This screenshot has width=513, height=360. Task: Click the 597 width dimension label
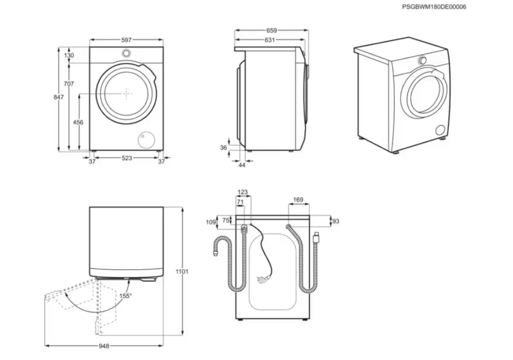coord(126,40)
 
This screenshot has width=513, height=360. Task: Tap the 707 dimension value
coord(69,83)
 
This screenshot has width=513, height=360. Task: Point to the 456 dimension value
coord(78,122)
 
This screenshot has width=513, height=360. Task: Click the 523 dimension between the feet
coord(127,158)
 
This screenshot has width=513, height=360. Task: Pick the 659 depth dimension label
coord(271,31)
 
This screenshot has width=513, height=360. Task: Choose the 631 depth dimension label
coord(269,40)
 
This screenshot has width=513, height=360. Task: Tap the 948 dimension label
coord(103,346)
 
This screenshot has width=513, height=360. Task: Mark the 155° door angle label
coord(126,296)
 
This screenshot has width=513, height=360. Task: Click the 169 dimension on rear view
coord(298,200)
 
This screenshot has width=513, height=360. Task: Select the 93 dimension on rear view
coord(336,221)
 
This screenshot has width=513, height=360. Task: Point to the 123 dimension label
coord(243,193)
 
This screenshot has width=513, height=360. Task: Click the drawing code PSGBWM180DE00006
coord(434,7)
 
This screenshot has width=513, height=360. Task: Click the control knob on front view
coord(127,53)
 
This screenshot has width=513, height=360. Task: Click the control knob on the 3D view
coord(423,61)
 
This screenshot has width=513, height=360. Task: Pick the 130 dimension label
coord(69,55)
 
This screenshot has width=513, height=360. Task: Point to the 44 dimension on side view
coord(242,165)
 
